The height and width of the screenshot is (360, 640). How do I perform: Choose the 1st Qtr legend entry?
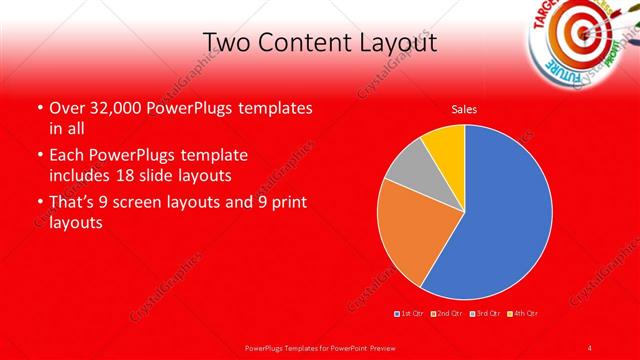[411, 314]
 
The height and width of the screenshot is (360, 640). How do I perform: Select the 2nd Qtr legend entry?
[450, 314]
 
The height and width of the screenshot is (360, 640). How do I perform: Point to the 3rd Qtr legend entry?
[488, 314]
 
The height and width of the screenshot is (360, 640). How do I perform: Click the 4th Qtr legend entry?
[526, 314]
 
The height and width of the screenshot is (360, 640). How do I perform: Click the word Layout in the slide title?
[395, 44]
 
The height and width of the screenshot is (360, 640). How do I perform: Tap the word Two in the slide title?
[226, 43]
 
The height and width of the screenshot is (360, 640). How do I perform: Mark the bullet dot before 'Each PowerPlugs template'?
[38, 156]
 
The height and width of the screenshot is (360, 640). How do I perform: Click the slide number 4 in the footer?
[591, 347]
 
